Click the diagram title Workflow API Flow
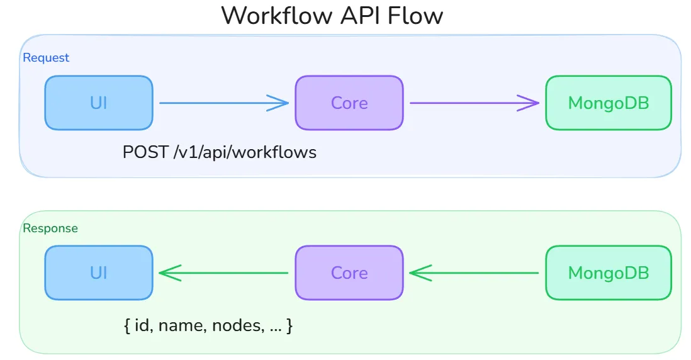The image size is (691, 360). pyautogui.click(x=332, y=16)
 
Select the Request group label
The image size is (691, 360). pyautogui.click(x=46, y=58)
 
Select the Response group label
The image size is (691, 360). pyautogui.click(x=50, y=228)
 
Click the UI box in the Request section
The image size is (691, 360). pyautogui.click(x=99, y=103)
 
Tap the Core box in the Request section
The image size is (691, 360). pyautogui.click(x=349, y=103)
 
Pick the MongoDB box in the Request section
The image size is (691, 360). pyautogui.click(x=608, y=103)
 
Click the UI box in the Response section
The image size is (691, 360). pyautogui.click(x=99, y=273)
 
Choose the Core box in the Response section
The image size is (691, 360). pyautogui.click(x=349, y=273)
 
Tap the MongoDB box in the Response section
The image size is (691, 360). pyautogui.click(x=608, y=273)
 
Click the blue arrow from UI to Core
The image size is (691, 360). pyautogui.click(x=223, y=103)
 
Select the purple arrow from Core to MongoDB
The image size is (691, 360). pyautogui.click(x=474, y=103)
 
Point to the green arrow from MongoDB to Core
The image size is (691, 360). pyautogui.click(x=474, y=273)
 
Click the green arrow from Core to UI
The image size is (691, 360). pyautogui.click(x=223, y=273)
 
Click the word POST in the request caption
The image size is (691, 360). pyautogui.click(x=145, y=152)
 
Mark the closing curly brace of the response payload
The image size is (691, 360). pyautogui.click(x=289, y=326)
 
